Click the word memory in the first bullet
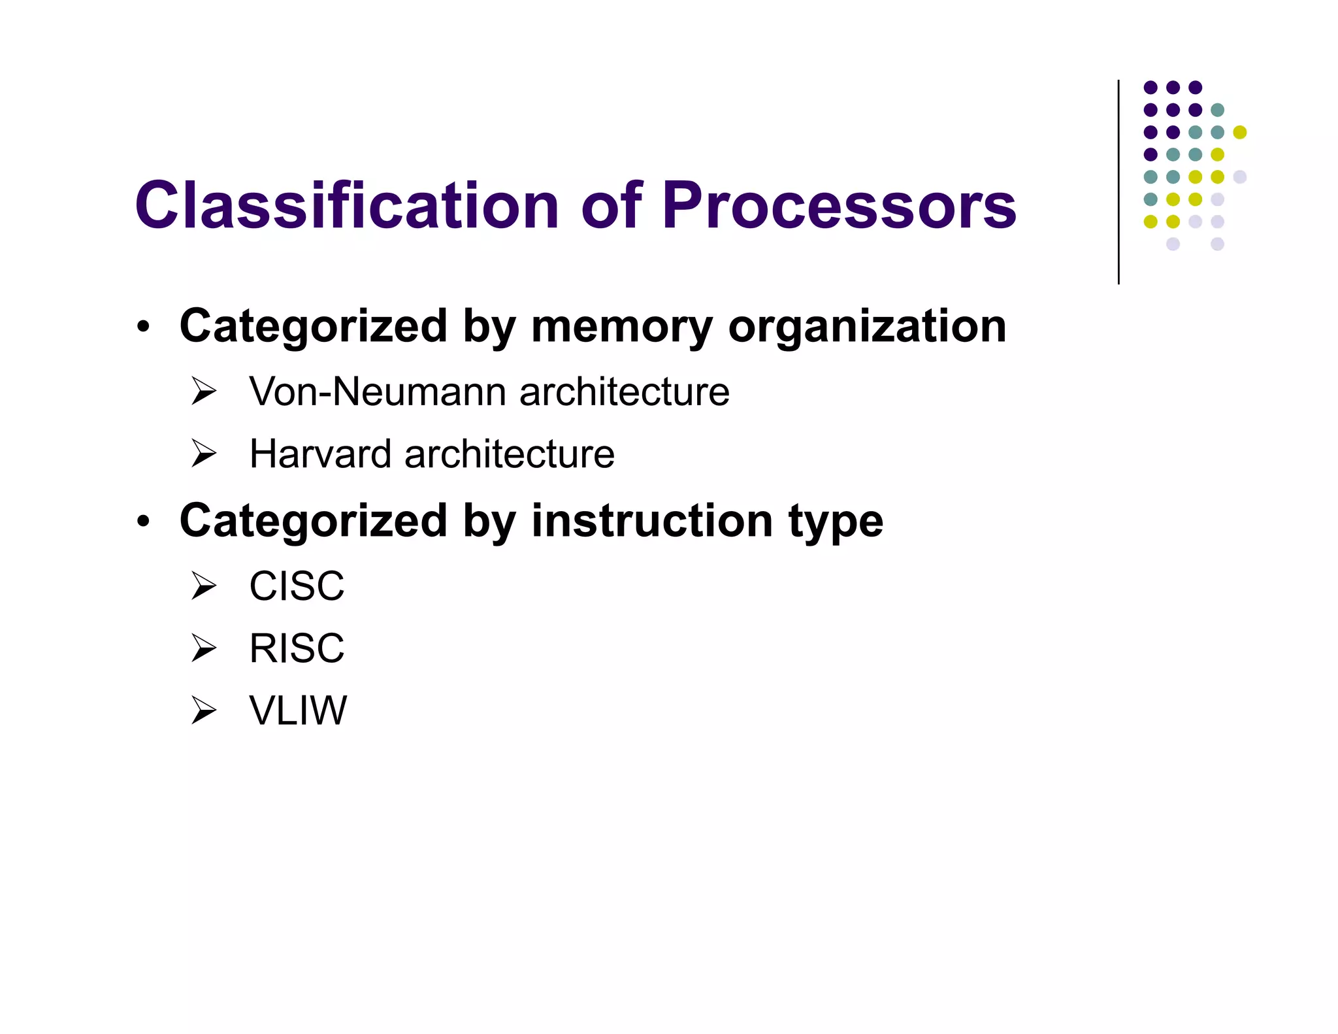621,326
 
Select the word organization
867,327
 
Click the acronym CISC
297,586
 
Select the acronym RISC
297,648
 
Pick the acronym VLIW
298,710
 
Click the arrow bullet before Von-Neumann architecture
204,392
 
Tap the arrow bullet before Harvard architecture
204,454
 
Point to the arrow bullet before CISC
204,586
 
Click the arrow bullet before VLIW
204,710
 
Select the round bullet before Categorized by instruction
144,522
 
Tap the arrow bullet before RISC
204,648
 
